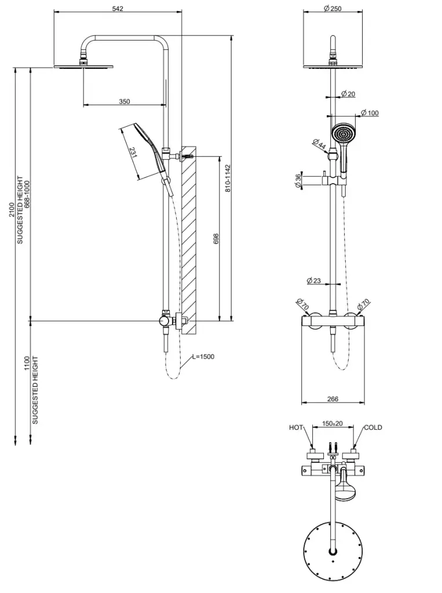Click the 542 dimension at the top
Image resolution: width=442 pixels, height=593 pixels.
[x=118, y=8]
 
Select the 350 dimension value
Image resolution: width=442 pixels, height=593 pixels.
[x=125, y=101]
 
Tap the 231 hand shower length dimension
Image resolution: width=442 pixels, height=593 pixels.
[x=133, y=153]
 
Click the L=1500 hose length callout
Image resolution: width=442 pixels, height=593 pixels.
[x=203, y=357]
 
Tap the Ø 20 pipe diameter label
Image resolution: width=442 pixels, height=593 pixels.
[x=348, y=94]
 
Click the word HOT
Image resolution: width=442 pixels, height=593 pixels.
[x=296, y=428]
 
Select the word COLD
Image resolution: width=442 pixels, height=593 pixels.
[x=372, y=428]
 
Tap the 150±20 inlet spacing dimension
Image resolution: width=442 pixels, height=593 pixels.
[x=332, y=424]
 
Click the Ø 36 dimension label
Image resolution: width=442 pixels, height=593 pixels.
[x=298, y=181]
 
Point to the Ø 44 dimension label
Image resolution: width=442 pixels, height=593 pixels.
[x=319, y=144]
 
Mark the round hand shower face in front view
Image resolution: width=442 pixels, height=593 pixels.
[x=344, y=134]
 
